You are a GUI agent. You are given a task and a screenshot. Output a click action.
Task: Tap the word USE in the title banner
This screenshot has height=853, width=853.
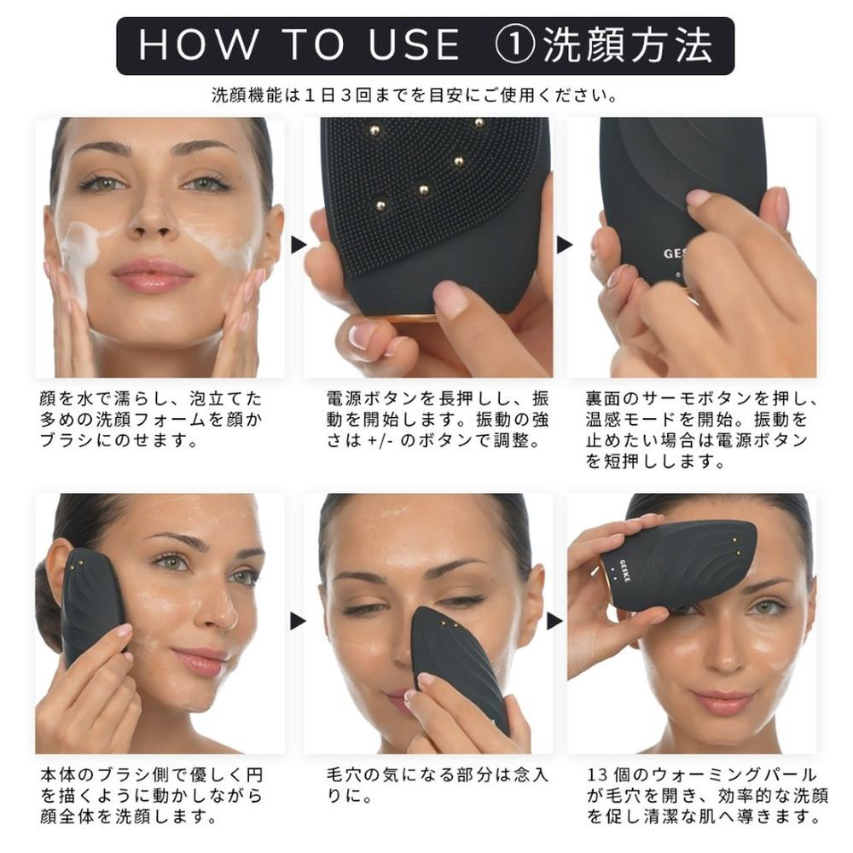pos(415,45)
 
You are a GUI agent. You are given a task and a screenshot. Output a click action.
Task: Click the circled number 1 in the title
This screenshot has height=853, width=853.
pos(514,45)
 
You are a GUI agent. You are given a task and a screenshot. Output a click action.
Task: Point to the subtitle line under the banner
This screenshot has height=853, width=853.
pos(415,96)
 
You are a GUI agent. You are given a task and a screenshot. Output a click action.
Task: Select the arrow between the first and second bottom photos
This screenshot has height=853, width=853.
pos(298,621)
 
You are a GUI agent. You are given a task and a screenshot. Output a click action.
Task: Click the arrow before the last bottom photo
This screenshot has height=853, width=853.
pos(554,621)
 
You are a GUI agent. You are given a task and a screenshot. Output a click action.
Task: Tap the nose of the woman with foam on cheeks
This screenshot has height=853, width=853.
pos(153,218)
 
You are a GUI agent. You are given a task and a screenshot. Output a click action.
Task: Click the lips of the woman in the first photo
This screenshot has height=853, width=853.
pos(153,274)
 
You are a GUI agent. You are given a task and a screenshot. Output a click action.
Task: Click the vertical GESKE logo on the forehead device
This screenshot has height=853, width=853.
pos(624,572)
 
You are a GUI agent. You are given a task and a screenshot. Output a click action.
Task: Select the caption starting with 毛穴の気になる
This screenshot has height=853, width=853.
pos(438,785)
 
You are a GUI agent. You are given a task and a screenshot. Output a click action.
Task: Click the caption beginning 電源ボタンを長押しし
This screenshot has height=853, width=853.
pos(438,420)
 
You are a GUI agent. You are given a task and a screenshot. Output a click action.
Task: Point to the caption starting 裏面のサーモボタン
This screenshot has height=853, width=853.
pos(701,430)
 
